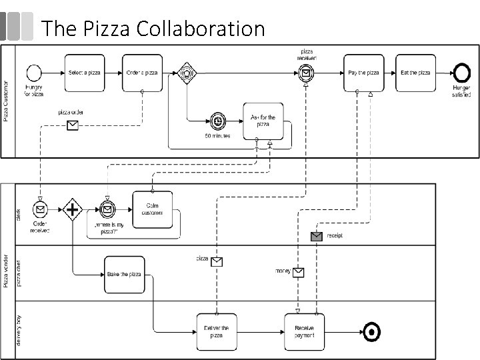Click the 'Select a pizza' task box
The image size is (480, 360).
(x=86, y=73)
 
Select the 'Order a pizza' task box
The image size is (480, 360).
(x=142, y=73)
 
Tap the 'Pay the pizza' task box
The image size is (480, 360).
(x=364, y=73)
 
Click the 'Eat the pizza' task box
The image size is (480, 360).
(x=415, y=73)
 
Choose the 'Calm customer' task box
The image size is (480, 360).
(x=153, y=209)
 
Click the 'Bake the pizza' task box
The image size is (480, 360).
(x=124, y=274)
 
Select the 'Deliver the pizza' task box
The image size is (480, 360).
(x=216, y=331)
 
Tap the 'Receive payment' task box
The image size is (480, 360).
(x=304, y=331)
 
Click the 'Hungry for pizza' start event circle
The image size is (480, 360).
(x=33, y=73)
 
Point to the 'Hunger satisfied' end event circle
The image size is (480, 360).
(x=461, y=73)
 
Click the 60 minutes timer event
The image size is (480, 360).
(x=217, y=121)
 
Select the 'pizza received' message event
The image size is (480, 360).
(x=305, y=73)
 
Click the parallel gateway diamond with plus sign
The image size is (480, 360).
(x=72, y=209)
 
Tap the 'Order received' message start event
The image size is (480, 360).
(x=40, y=209)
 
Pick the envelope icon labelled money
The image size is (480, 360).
(x=299, y=272)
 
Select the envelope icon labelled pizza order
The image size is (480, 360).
(x=72, y=125)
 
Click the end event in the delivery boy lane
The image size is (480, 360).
(x=371, y=331)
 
